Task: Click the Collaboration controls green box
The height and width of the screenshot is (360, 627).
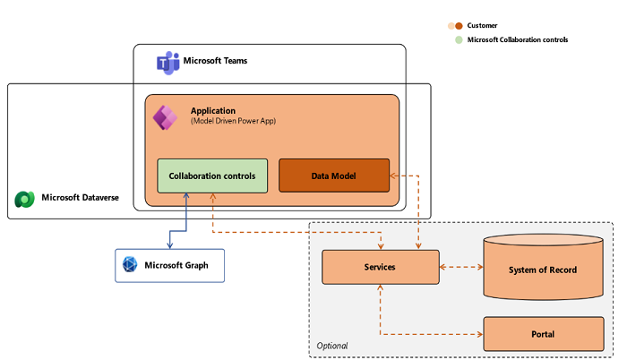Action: pyautogui.click(x=211, y=176)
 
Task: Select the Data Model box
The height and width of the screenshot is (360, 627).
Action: pyautogui.click(x=334, y=176)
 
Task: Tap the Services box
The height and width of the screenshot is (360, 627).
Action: pyautogui.click(x=380, y=267)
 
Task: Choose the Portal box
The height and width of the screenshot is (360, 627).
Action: pyautogui.click(x=543, y=334)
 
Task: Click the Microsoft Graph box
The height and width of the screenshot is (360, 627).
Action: pyautogui.click(x=169, y=265)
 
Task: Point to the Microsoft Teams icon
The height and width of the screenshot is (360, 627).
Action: pyautogui.click(x=167, y=62)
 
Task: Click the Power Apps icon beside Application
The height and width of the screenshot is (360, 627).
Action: pyautogui.click(x=165, y=117)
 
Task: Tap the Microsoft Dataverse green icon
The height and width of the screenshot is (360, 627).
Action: pyautogui.click(x=25, y=198)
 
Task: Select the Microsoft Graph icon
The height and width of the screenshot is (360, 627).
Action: pyautogui.click(x=130, y=265)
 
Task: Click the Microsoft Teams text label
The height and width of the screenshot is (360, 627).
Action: pyautogui.click(x=215, y=61)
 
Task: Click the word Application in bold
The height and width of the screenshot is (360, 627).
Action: pyautogui.click(x=212, y=110)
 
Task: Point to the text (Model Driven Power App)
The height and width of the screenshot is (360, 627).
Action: pyautogui.click(x=233, y=121)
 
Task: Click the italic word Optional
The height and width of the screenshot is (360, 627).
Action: pyautogui.click(x=332, y=346)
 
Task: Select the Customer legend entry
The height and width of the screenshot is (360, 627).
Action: pyautogui.click(x=483, y=26)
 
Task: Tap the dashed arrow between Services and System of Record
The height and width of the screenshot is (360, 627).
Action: pyautogui.click(x=460, y=267)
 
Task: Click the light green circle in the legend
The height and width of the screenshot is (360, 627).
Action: pyautogui.click(x=460, y=40)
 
